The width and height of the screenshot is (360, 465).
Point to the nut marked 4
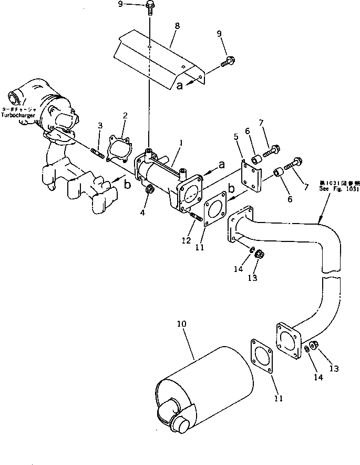point(149,189)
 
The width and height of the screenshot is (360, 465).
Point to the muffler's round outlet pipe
point(181,424)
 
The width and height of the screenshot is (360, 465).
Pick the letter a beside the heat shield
point(180,86)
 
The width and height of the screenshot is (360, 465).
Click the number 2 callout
point(125,115)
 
